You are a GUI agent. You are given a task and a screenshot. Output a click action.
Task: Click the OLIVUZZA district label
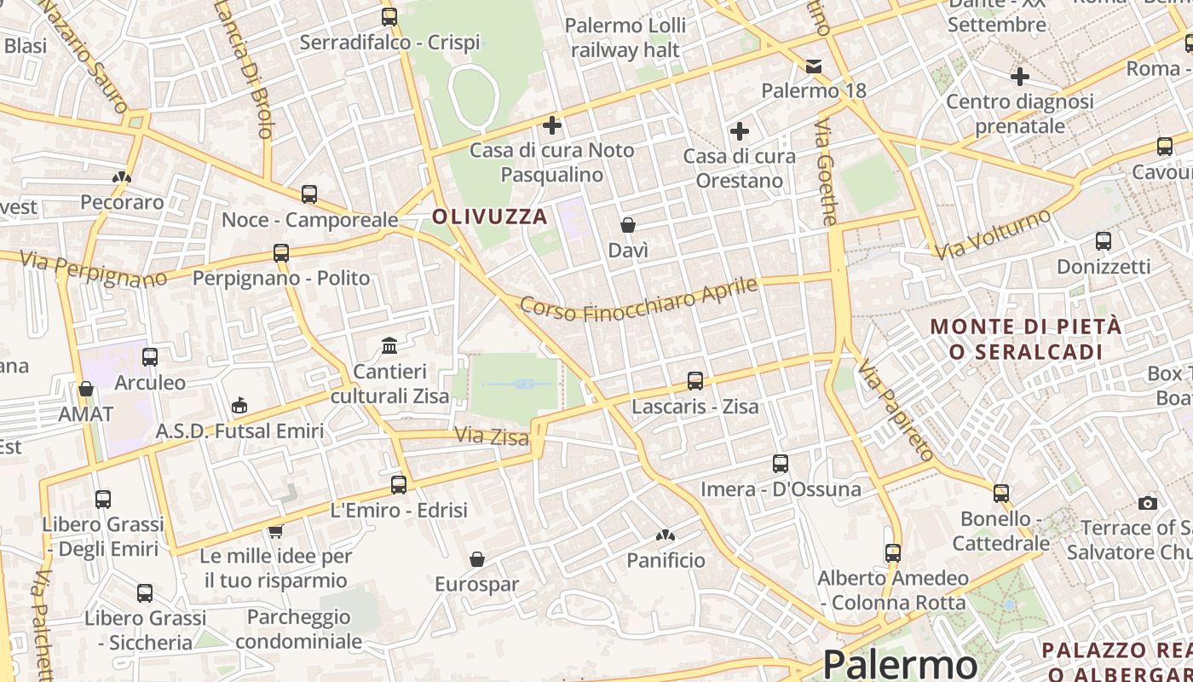489,217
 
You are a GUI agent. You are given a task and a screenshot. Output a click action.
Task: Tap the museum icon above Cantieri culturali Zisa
389,345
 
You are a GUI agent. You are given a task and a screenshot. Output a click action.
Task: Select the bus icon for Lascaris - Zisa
695,381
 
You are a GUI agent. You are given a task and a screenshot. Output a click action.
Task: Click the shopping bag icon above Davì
628,225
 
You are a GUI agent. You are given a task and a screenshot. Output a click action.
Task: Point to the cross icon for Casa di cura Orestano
740,131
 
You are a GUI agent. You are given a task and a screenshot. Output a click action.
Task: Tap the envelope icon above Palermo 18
814,66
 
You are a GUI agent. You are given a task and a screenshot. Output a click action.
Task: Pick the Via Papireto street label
896,408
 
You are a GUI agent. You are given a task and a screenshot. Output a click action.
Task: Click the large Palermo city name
900,663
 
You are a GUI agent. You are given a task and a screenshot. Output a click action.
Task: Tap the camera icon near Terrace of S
1148,503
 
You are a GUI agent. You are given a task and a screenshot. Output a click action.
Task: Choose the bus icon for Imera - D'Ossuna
781,464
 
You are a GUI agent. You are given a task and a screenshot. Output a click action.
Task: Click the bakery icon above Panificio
666,535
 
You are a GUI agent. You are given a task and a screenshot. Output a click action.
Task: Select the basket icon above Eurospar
477,559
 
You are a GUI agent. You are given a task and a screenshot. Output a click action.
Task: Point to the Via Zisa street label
492,436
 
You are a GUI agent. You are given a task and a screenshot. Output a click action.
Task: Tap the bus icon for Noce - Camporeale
309,194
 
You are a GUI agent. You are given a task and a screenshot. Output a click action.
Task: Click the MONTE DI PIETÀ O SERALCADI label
1026,338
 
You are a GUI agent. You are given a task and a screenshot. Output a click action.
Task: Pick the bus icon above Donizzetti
1104,241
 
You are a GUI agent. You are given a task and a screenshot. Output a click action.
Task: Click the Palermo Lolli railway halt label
625,38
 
